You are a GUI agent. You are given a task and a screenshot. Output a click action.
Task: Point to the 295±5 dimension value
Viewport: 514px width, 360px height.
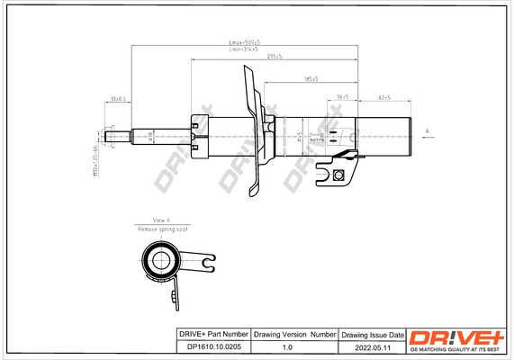point(275,57)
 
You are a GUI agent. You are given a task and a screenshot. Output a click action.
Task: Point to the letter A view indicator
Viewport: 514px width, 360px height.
point(428,131)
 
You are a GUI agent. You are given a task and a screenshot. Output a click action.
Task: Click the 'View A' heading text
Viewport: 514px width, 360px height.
point(161,220)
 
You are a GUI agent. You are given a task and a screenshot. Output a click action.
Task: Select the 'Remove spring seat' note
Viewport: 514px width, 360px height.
point(162,230)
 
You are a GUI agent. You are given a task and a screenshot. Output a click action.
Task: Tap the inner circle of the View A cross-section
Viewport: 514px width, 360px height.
point(163,264)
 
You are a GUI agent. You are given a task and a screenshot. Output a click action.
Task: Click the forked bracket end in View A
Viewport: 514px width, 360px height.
point(207,264)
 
